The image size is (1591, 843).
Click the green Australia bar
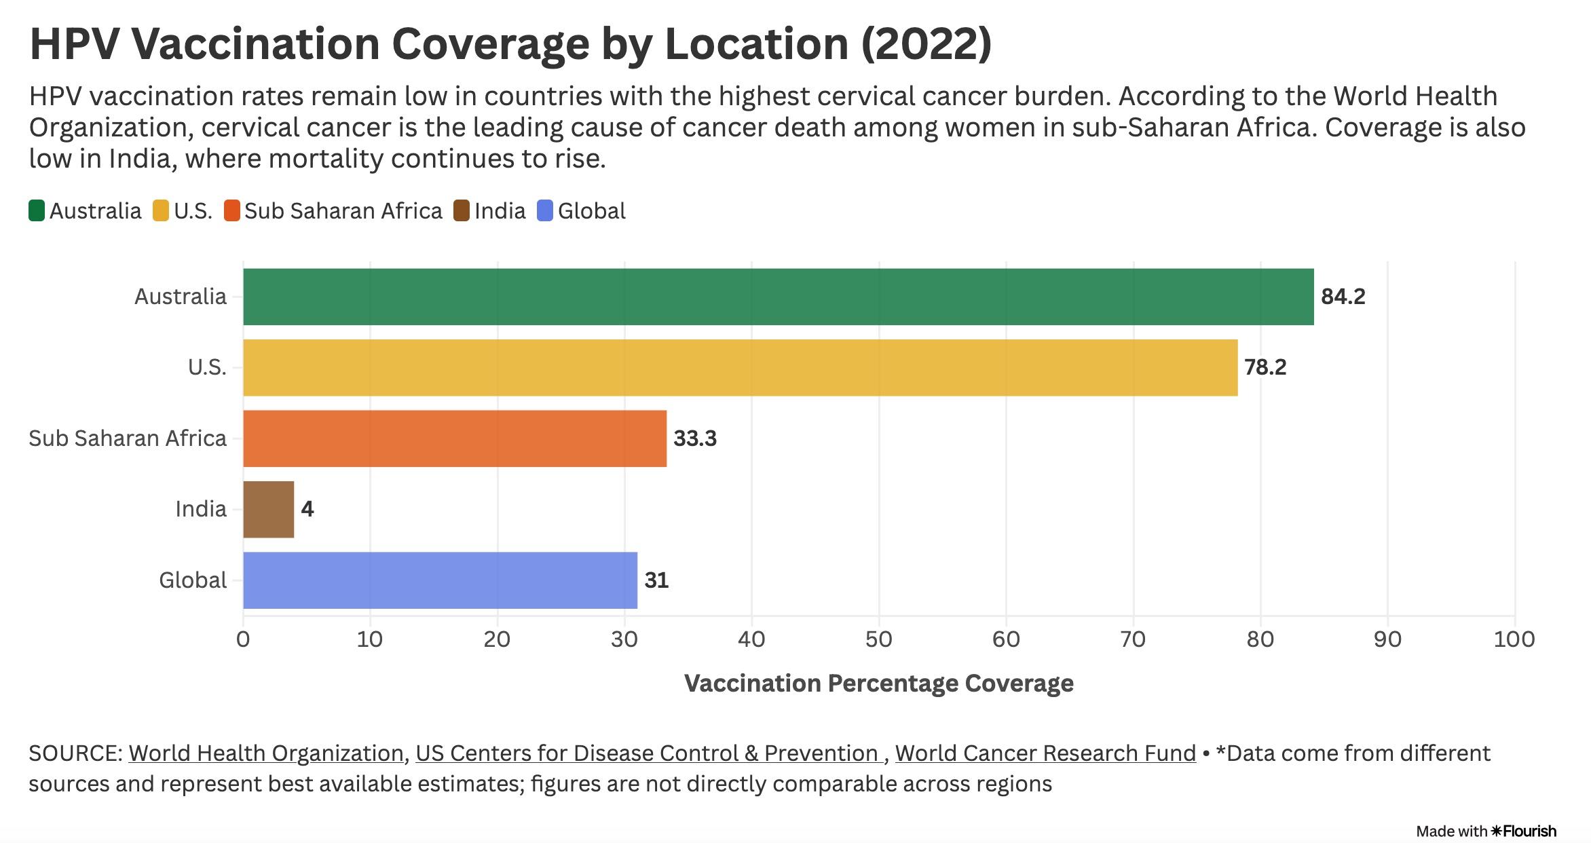point(778,297)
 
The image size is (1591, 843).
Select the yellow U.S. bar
point(740,368)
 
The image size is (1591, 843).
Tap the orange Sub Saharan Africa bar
point(455,438)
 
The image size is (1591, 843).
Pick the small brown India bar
point(269,510)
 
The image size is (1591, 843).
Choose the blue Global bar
point(440,580)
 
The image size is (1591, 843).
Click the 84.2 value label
point(1343,297)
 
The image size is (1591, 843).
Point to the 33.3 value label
point(694,438)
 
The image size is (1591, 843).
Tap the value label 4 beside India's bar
point(307,509)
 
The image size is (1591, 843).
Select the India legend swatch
point(462,210)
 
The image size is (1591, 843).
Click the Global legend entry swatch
point(545,210)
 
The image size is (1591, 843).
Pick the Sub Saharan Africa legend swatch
point(232,210)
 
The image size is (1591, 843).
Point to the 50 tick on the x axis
point(878,639)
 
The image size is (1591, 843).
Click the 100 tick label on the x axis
point(1514,639)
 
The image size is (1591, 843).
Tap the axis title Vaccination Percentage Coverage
point(878,683)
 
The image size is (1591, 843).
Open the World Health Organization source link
point(266,753)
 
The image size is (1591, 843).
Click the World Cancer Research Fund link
point(1045,753)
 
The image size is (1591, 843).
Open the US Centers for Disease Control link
point(648,753)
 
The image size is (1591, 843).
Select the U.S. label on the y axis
point(207,368)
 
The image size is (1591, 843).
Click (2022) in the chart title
point(926,45)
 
